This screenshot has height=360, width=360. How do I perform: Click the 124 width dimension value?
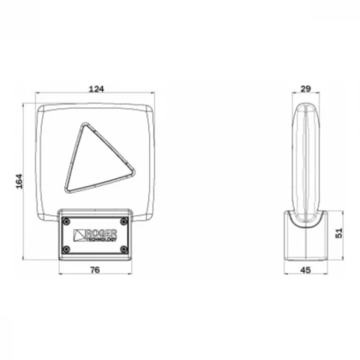tap(97, 89)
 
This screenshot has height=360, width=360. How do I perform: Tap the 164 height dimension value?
tap(19, 181)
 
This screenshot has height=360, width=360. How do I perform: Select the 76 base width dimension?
tap(95, 269)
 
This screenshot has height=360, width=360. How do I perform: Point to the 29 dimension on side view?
tap(305, 89)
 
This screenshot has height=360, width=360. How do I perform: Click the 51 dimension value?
tap(339, 233)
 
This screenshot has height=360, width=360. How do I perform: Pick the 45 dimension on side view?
tap(306, 270)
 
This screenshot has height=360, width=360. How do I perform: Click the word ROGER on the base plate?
tap(101, 233)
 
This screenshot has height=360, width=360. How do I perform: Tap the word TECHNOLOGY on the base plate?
tap(101, 239)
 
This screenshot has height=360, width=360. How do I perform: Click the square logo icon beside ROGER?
tap(79, 235)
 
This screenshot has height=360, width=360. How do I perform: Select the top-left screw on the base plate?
tap(67, 220)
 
